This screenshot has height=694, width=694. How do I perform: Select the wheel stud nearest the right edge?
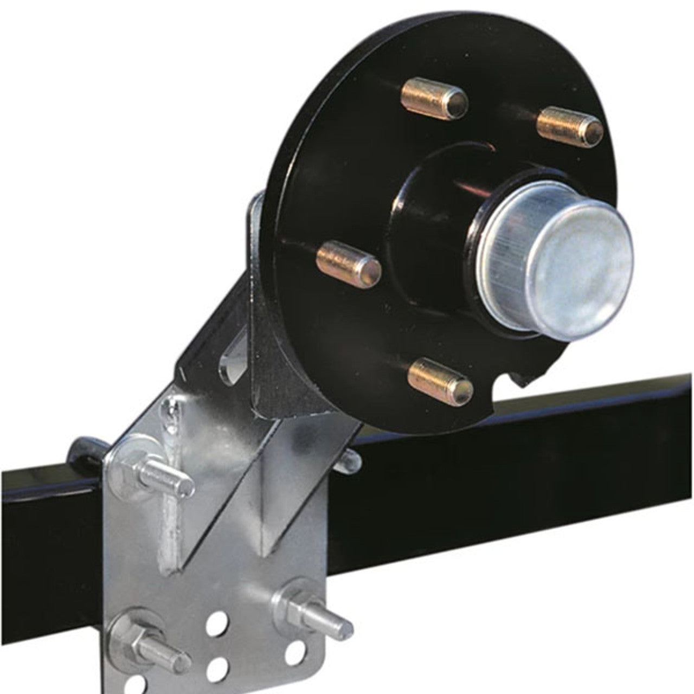(569, 127)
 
